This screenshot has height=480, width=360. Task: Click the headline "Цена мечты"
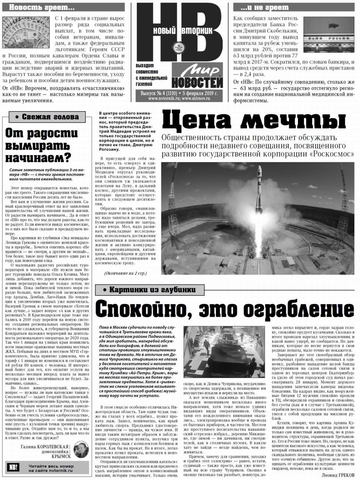[x=254, y=120]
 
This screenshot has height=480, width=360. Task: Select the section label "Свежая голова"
[x=47, y=117]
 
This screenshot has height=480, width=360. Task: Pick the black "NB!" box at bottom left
[x=13, y=468]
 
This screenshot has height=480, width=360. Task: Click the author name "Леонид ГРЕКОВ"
[x=337, y=475]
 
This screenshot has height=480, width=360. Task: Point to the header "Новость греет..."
[x=41, y=7]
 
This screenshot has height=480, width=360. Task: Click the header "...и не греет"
[x=264, y=7]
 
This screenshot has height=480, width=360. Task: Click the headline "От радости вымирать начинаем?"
[x=41, y=145]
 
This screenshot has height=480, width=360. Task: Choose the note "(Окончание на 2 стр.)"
[x=125, y=273]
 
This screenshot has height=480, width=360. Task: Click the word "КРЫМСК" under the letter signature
[x=61, y=456]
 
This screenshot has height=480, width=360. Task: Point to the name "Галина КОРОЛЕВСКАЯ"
[x=45, y=447]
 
